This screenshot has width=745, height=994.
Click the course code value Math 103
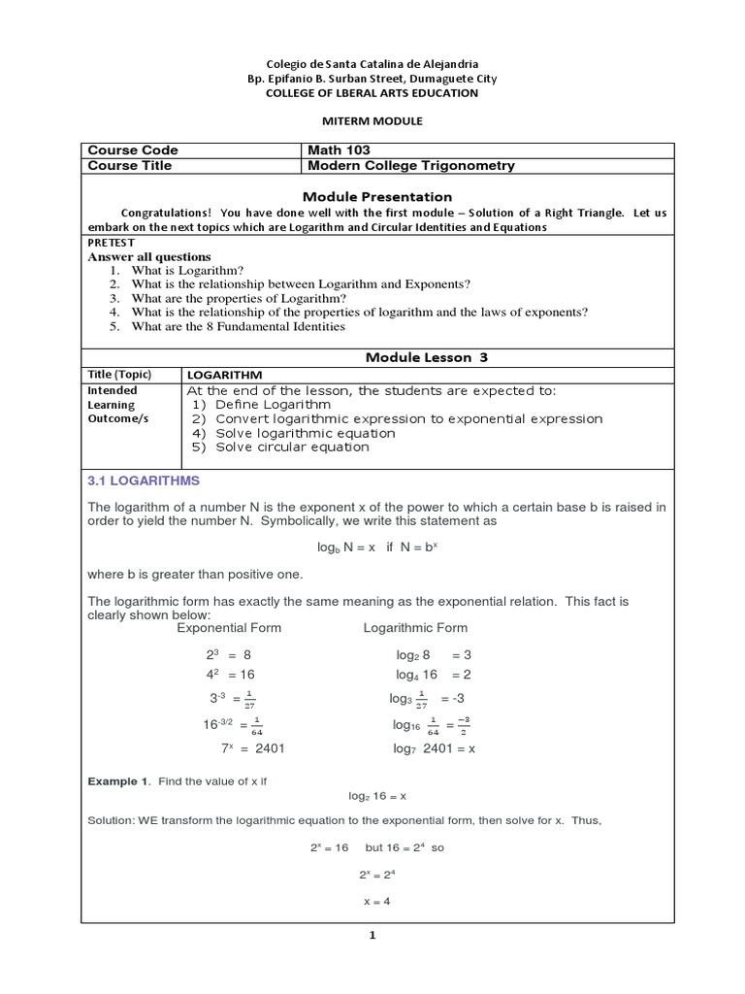pyautogui.click(x=339, y=150)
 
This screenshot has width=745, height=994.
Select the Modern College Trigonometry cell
pyautogui.click(x=410, y=165)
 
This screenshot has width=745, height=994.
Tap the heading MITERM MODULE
pyautogui.click(x=372, y=120)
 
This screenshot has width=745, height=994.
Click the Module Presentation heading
pyautogui.click(x=372, y=196)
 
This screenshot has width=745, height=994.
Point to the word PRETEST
pyautogui.click(x=111, y=242)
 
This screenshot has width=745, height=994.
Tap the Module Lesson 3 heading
pyautogui.click(x=426, y=357)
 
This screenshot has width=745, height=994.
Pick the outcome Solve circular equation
pyautogui.click(x=279, y=447)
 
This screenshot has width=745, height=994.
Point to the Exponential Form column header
pyautogui.click(x=230, y=627)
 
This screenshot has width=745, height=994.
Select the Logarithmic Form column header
pyautogui.click(x=415, y=627)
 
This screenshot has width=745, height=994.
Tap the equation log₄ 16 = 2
pyautogui.click(x=433, y=674)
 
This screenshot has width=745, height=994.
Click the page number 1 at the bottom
pyautogui.click(x=372, y=936)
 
